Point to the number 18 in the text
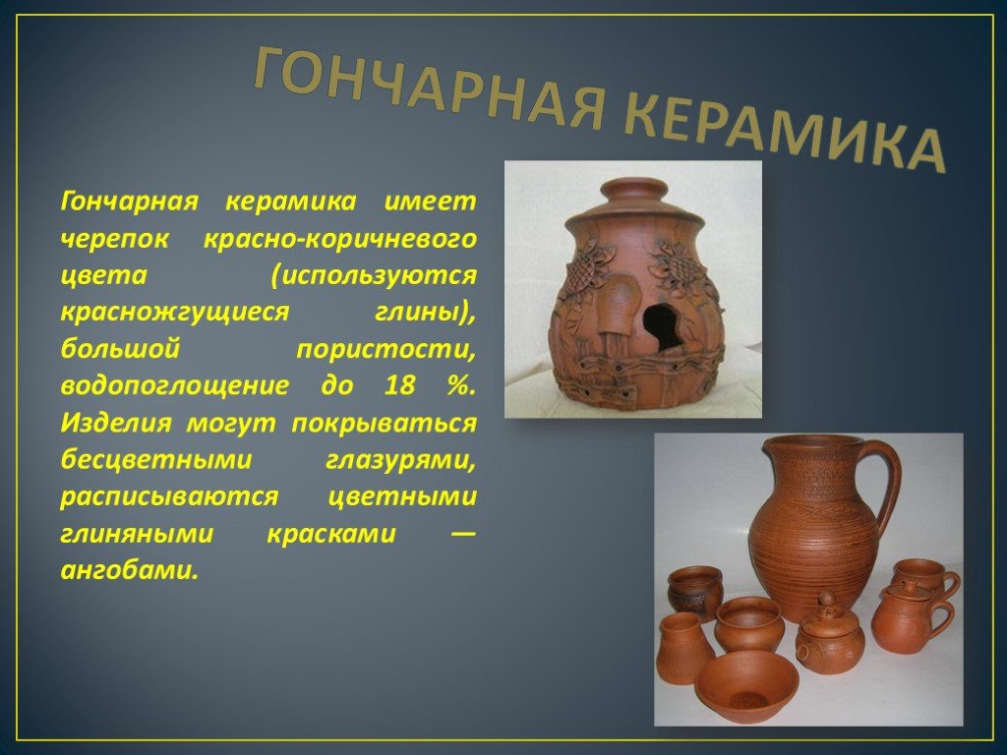tap(400, 385)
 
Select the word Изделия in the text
tap(116, 423)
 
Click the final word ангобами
tap(129, 569)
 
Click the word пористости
tap(386, 350)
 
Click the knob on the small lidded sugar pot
tap(826, 601)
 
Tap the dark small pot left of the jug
tap(695, 591)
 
